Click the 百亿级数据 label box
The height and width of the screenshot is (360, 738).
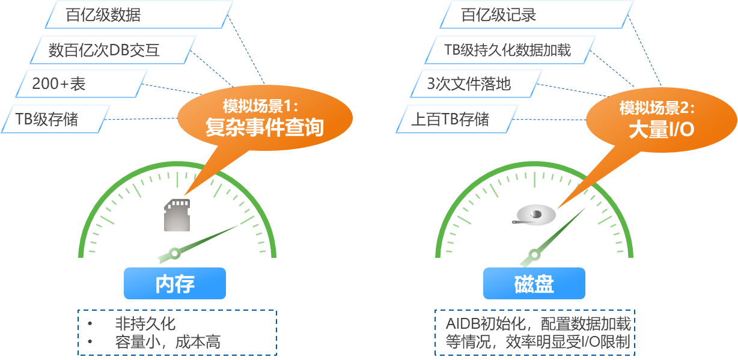(138, 15)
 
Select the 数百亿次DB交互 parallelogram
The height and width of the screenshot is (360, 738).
(113, 50)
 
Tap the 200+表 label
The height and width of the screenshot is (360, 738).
(82, 84)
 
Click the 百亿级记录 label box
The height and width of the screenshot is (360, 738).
(536, 15)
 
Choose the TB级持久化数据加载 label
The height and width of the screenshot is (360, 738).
(510, 50)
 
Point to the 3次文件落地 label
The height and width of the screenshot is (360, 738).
(477, 84)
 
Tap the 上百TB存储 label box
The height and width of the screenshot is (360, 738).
(457, 119)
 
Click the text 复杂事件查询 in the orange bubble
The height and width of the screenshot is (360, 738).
(264, 127)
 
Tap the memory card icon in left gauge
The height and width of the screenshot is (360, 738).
(177, 215)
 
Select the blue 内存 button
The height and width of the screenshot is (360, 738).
(175, 284)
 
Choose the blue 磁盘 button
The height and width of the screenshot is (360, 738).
(534, 284)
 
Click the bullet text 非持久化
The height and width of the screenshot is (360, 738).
(145, 323)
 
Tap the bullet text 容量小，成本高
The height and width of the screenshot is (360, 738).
(168, 343)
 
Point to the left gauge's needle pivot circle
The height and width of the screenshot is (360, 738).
(175, 253)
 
